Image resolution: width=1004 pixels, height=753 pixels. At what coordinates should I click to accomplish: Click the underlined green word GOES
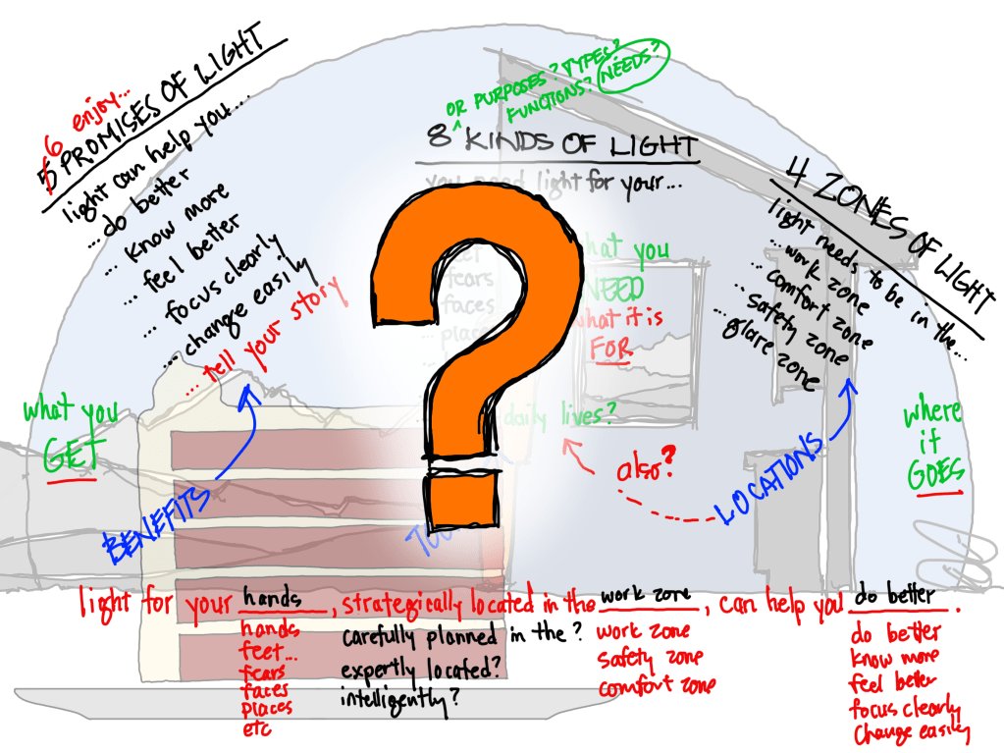coord(934,472)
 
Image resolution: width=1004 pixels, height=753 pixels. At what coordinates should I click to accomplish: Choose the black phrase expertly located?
coord(411,672)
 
